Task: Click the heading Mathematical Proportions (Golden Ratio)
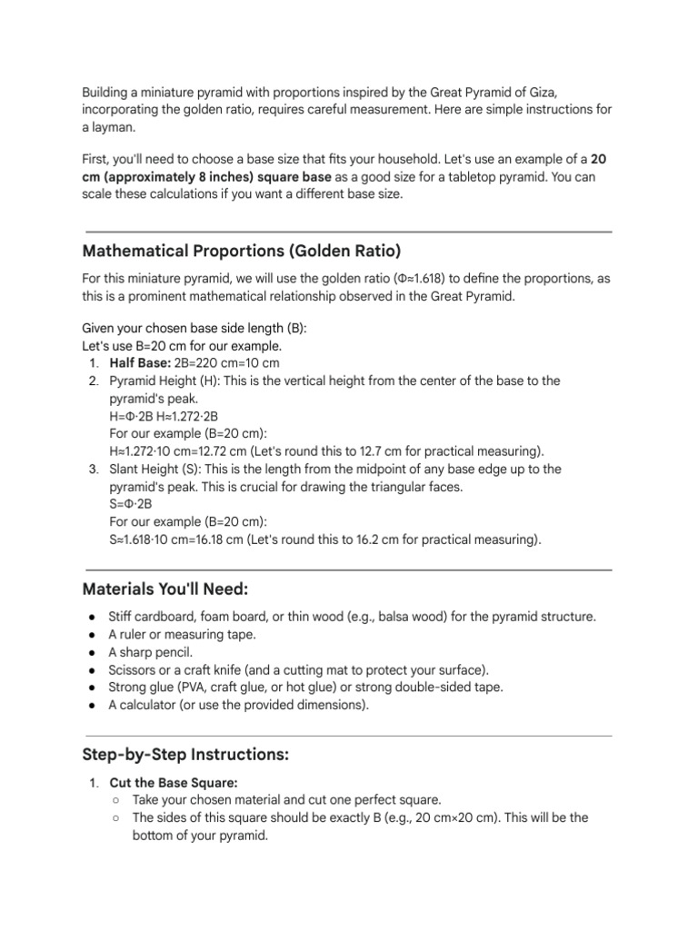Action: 241,250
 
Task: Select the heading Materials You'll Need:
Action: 165,589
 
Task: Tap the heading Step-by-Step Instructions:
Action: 185,754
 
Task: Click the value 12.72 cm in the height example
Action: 228,450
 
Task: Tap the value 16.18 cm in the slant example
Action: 228,539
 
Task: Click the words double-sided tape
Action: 457,688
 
